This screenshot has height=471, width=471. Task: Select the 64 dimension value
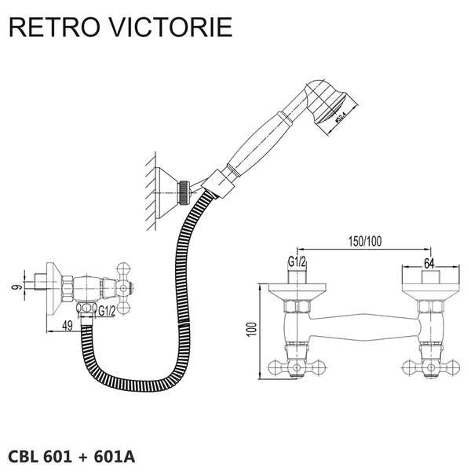pos(429,262)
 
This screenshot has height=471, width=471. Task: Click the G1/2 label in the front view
pos(297,262)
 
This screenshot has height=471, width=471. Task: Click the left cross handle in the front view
pos(286,365)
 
